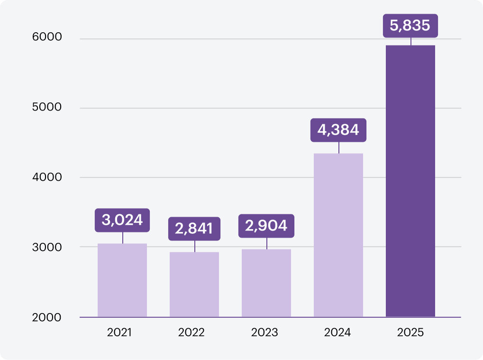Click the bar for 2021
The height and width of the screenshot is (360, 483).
[x=122, y=280]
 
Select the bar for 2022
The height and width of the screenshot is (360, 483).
[x=194, y=284]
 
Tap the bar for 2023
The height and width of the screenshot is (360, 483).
[x=266, y=283]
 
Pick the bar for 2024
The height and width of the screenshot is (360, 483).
[x=338, y=235]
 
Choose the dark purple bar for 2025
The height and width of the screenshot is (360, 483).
[x=410, y=181]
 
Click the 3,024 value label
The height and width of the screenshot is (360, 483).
[x=122, y=220]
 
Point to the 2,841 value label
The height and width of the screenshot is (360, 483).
[x=194, y=229]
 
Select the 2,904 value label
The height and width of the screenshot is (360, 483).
[x=266, y=226]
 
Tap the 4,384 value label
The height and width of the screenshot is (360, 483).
[x=338, y=130]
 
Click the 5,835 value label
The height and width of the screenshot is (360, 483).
[x=410, y=26]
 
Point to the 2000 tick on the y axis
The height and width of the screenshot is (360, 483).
[x=47, y=317]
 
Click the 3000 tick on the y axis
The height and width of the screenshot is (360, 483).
[x=47, y=247]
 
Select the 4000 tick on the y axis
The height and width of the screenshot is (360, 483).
[x=47, y=177]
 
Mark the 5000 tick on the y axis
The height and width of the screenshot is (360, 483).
[x=47, y=107]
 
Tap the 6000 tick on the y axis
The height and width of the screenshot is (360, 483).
[x=47, y=37]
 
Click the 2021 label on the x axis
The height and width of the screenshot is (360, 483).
[x=119, y=332]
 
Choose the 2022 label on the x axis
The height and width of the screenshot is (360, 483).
[x=191, y=332]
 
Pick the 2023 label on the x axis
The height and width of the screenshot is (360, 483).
[x=264, y=332]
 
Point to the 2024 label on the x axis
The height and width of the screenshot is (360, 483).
[x=337, y=332]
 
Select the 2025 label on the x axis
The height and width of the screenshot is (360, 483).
[x=410, y=332]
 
